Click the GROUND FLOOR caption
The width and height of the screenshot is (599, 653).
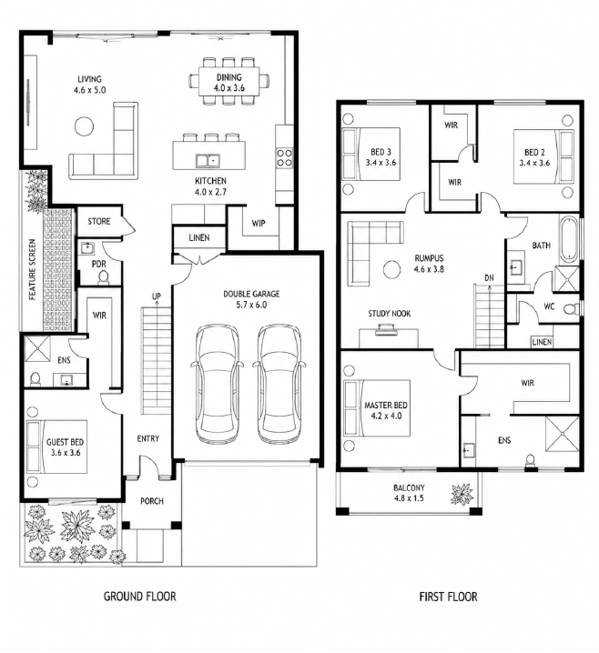[x=139, y=597]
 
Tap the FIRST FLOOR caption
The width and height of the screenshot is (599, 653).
[x=448, y=597]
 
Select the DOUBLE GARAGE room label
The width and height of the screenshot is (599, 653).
[x=251, y=299]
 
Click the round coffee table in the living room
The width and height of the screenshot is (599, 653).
[x=84, y=126]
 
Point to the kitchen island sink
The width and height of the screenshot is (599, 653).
[x=208, y=160]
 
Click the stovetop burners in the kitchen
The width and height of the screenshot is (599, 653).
[x=284, y=158]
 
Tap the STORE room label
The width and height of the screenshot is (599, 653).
[x=99, y=222]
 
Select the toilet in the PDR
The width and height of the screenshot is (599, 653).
[x=103, y=277]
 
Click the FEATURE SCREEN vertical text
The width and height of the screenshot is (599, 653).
[x=32, y=269]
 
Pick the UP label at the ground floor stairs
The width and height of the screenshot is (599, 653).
[x=157, y=296]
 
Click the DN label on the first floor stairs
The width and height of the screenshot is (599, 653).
[x=489, y=277]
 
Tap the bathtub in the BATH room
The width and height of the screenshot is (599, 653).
[x=569, y=239]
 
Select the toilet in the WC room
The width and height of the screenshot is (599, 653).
[x=572, y=308]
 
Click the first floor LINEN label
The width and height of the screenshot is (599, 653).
[x=542, y=342]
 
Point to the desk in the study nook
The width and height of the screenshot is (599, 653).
[x=389, y=338]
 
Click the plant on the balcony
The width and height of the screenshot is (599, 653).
[x=462, y=495]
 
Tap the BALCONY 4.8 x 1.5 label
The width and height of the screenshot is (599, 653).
[x=409, y=493]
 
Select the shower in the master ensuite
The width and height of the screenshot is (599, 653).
[x=562, y=434]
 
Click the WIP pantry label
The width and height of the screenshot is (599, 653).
[x=259, y=223]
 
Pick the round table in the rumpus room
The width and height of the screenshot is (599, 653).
[x=391, y=269]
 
